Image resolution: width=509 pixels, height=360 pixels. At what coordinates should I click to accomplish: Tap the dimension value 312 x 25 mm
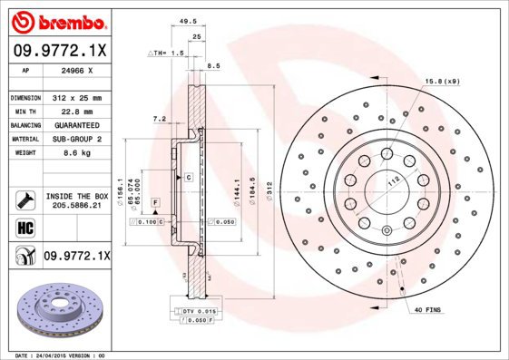[75, 97]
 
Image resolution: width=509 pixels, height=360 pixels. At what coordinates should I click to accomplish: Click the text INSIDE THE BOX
[77, 196]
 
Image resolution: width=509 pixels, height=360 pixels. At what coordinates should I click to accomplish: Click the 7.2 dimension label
[159, 118]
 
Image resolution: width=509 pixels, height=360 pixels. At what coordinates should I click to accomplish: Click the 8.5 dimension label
[214, 66]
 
